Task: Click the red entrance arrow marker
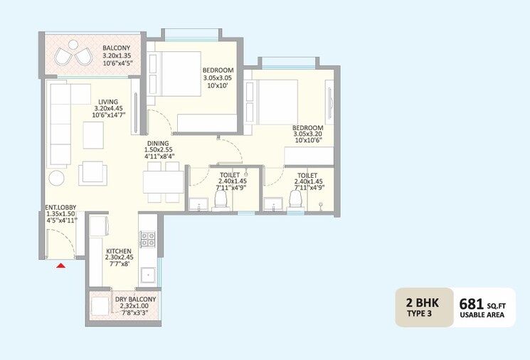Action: coord(61,265)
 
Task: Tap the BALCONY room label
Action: coord(116,48)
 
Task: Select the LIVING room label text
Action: coord(108,102)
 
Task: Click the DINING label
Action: coord(158,143)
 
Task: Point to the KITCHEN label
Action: coord(119,251)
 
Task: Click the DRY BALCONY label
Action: coord(135,299)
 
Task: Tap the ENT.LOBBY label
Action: coord(60,207)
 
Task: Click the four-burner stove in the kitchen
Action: coord(148,239)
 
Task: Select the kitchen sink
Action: coord(149,276)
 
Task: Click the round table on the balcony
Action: coord(73,44)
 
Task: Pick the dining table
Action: coord(163,182)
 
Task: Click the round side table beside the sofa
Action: coord(56,178)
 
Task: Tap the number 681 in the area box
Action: coord(471,305)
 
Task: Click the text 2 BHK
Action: coord(423,302)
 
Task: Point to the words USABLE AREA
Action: coord(482,315)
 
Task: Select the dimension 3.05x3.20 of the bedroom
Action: coord(307,134)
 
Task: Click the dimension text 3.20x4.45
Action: coord(108,109)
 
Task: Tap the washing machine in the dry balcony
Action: coord(100,306)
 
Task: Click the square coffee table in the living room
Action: coord(93,135)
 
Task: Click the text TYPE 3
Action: coord(419,313)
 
